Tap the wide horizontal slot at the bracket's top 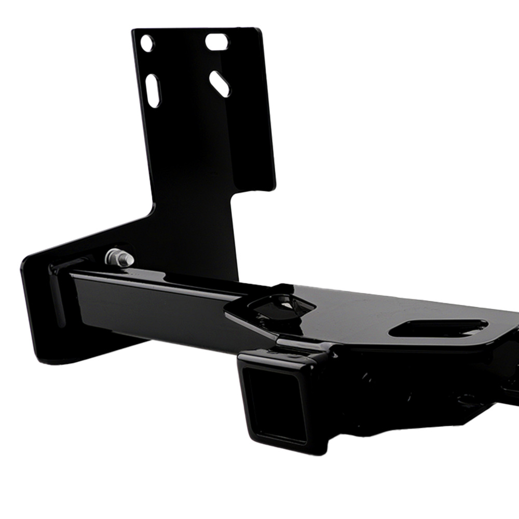pyautogui.click(x=218, y=42)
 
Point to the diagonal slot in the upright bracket pyautogui.click(x=220, y=83)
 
